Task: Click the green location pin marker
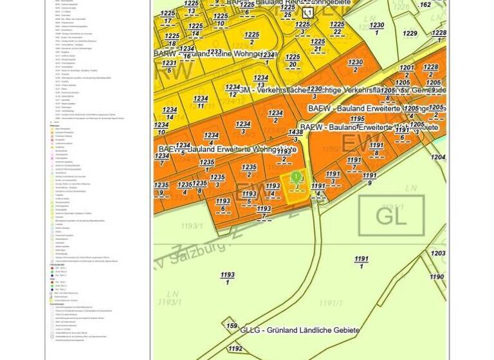(x=296, y=176)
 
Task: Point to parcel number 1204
(x=438, y=157)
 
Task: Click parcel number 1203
(x=438, y=253)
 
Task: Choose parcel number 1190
(x=437, y=277)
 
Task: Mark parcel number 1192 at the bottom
(x=236, y=348)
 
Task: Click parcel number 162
(x=425, y=5)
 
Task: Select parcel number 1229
(x=410, y=33)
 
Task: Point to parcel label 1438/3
(x=296, y=136)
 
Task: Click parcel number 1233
(x=214, y=52)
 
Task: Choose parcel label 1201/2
(x=407, y=71)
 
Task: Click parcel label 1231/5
(x=169, y=67)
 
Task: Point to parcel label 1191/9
(x=370, y=179)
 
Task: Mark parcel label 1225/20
(x=293, y=61)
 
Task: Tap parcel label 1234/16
(x=187, y=52)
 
